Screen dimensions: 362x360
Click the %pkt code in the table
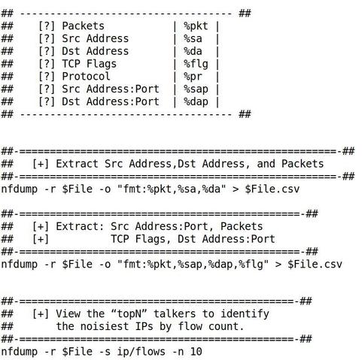pyautogui.click(x=196, y=26)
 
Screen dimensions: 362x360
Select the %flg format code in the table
pyautogui.click(x=196, y=64)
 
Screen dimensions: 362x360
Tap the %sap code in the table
pyautogui.click(x=196, y=89)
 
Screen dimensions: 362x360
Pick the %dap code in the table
pyautogui.click(x=196, y=102)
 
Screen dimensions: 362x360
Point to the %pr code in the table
pyautogui.click(x=193, y=77)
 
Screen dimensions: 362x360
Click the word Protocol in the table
pyautogui.click(x=86, y=77)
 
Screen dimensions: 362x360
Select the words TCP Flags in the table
pyautogui.click(x=89, y=64)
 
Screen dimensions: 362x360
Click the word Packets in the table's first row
pyautogui.click(x=83, y=26)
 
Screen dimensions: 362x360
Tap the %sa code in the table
pyautogui.click(x=193, y=39)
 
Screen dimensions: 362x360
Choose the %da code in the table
pyautogui.click(x=193, y=51)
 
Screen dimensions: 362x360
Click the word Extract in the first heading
pyautogui.click(x=77, y=164)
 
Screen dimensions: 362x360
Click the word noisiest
pyautogui.click(x=105, y=326)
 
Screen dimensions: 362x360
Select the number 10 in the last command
pyautogui.click(x=196, y=352)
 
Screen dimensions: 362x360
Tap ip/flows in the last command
pyautogui.click(x=141, y=352)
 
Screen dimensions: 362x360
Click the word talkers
pyautogui.click(x=175, y=314)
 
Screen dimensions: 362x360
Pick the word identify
pyautogui.click(x=245, y=314)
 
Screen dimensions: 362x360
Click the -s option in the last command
pyautogui.click(x=105, y=352)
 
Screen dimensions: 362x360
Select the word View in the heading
pyautogui.click(x=68, y=314)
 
